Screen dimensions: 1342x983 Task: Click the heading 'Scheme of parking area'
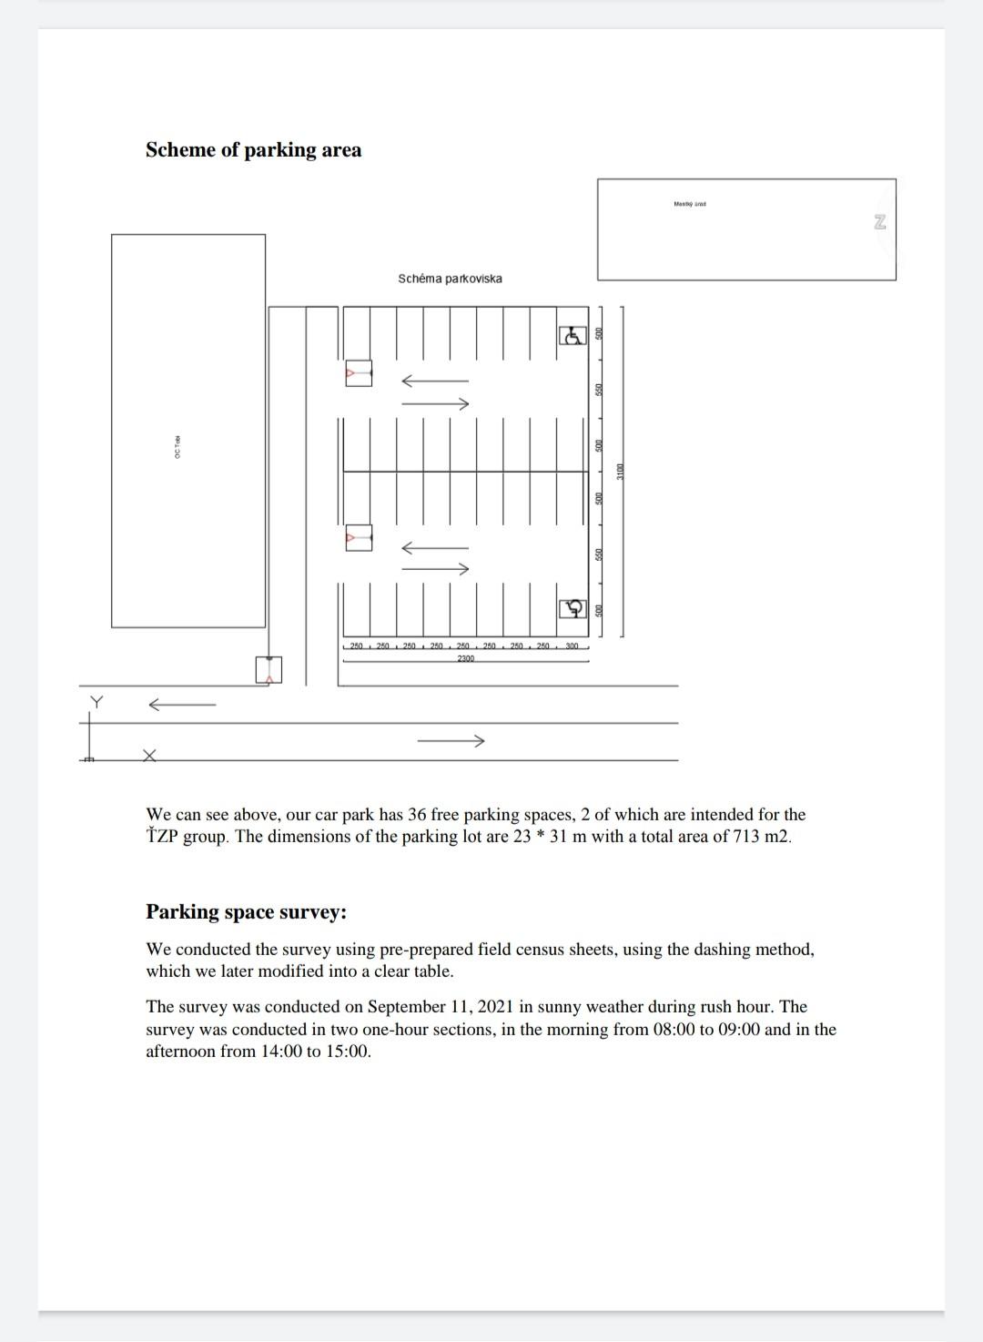(x=253, y=150)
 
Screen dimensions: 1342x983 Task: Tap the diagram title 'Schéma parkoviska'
(x=450, y=279)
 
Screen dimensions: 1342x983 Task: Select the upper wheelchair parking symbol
(x=572, y=336)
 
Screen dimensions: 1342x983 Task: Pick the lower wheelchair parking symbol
(x=572, y=608)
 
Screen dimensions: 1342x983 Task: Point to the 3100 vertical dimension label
(x=621, y=472)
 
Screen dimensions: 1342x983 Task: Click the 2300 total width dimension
(x=465, y=658)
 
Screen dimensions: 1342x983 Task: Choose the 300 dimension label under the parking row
(x=572, y=646)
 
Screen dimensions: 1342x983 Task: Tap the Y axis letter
(x=96, y=702)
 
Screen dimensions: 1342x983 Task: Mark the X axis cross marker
(x=149, y=755)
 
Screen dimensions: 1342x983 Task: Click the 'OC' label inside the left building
(x=177, y=448)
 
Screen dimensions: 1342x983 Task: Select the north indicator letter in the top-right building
(x=879, y=222)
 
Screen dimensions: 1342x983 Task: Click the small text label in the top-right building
(x=689, y=204)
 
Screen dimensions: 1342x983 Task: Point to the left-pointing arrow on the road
(x=182, y=704)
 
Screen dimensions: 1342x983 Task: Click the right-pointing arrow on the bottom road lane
(x=451, y=741)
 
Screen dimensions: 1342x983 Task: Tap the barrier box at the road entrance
(x=269, y=669)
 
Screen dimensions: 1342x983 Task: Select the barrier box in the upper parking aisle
(x=359, y=373)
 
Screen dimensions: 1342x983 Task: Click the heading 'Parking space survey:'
(x=246, y=912)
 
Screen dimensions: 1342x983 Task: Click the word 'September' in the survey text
(x=407, y=1007)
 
